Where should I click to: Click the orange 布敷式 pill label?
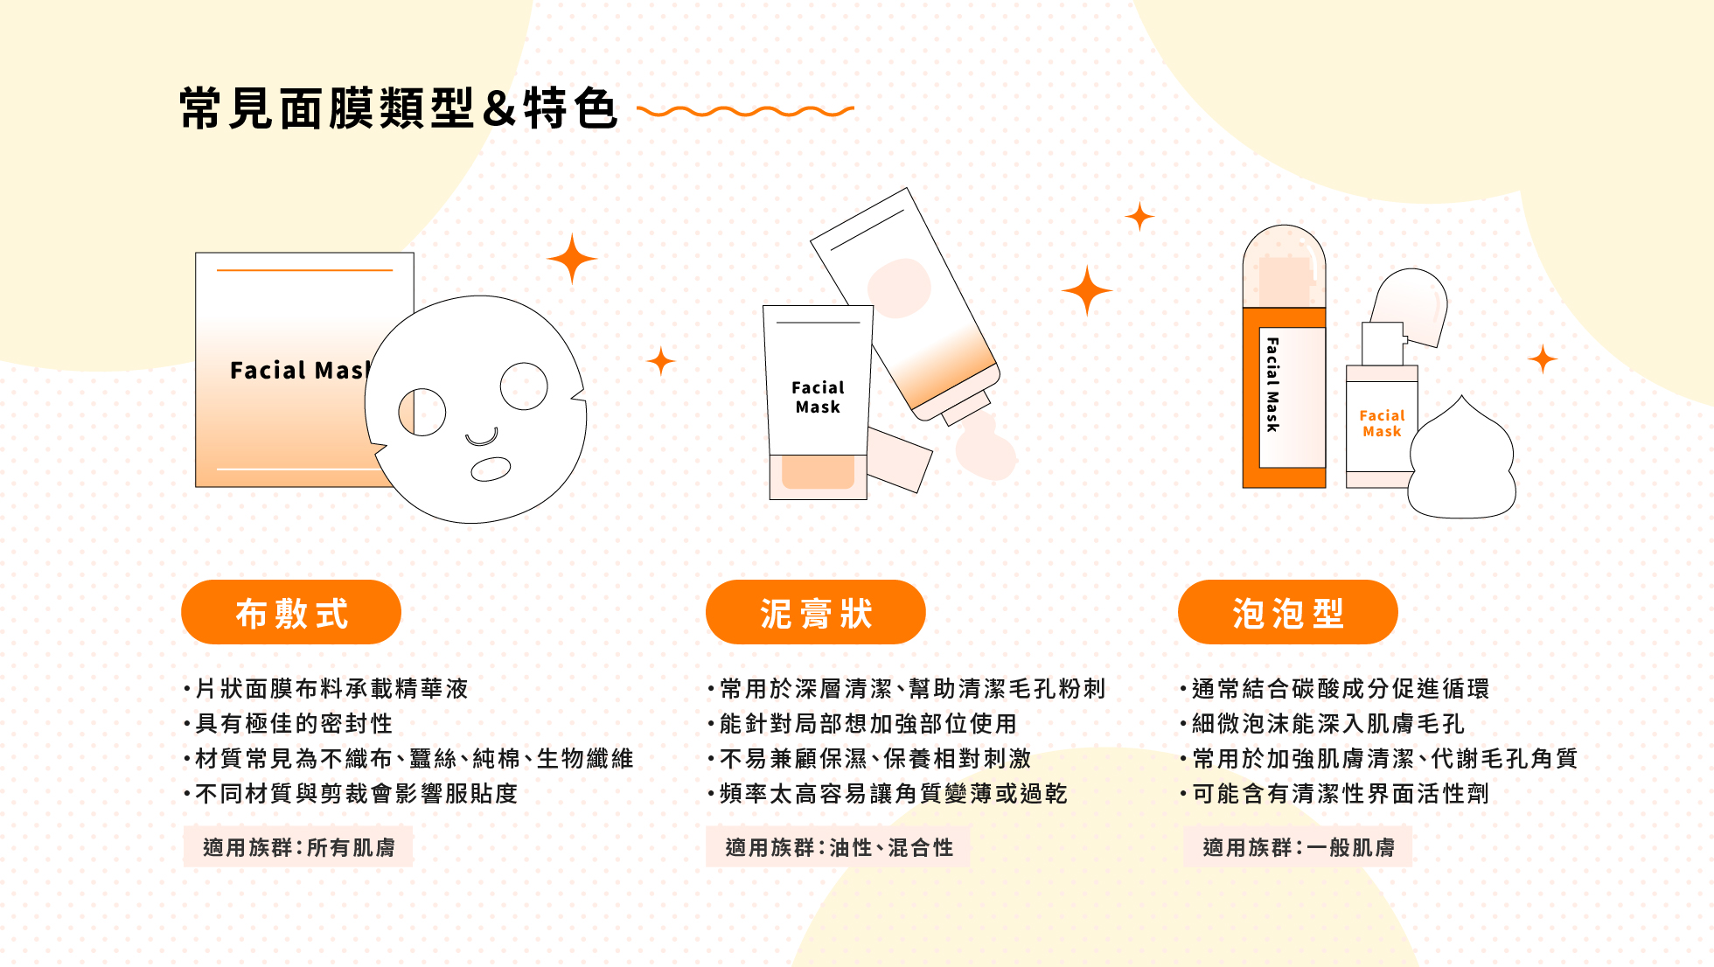click(291, 613)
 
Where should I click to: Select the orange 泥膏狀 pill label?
click(815, 613)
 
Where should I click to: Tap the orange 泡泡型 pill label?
click(1287, 613)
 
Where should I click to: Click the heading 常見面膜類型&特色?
click(399, 109)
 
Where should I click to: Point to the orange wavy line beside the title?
click(745, 111)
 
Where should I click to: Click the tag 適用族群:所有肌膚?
click(298, 847)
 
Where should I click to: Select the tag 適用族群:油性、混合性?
click(838, 847)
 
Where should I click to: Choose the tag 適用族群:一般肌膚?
click(1298, 847)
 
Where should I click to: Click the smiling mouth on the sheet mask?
click(482, 436)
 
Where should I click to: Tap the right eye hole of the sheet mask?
click(524, 386)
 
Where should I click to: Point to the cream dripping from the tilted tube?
click(986, 448)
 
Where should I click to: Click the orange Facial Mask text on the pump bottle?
click(1382, 423)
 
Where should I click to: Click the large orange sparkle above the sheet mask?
click(572, 259)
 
